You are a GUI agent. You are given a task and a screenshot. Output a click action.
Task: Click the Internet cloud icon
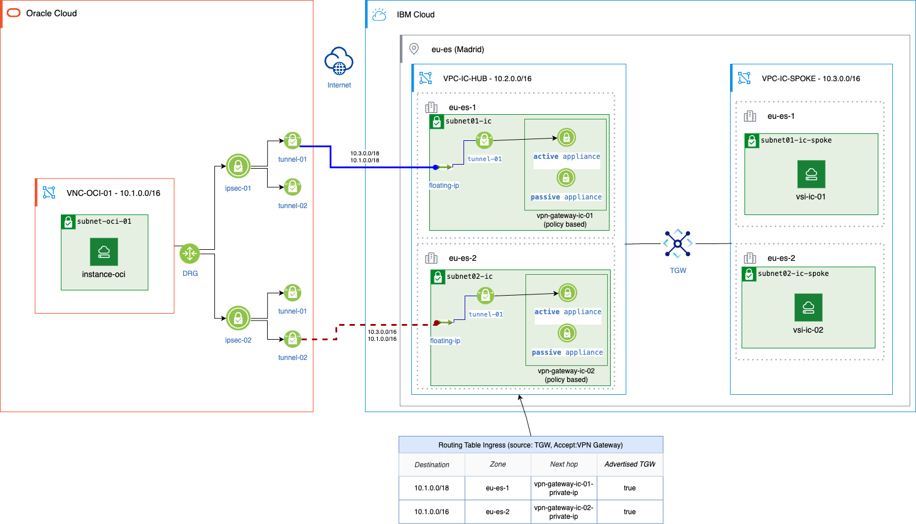(339, 61)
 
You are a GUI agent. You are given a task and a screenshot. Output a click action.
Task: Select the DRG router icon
(189, 253)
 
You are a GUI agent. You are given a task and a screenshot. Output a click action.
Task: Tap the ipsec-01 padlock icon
(238, 166)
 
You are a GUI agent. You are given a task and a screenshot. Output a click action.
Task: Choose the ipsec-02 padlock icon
(238, 318)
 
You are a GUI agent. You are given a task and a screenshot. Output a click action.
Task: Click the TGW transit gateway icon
(677, 243)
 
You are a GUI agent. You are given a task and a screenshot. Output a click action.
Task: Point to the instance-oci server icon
(104, 252)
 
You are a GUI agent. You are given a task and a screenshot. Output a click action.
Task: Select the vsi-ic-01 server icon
(811, 174)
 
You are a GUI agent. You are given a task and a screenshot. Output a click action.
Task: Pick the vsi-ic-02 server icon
(808, 307)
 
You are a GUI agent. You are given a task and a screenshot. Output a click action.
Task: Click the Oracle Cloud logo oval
(13, 13)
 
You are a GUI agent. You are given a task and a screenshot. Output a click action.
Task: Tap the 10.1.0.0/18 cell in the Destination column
(432, 488)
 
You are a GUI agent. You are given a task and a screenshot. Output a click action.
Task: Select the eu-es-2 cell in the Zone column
(498, 512)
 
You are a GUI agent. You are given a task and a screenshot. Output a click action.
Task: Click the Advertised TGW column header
(630, 464)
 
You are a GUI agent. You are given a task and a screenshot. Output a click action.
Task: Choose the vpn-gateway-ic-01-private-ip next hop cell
(564, 488)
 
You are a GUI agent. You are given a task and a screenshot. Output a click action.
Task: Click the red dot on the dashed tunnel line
(437, 323)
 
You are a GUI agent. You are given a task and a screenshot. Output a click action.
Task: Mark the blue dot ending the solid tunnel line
(436, 168)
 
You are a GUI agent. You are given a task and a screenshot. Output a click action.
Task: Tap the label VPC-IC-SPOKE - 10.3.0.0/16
(811, 78)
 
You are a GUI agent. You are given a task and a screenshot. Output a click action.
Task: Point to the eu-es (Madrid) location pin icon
(414, 49)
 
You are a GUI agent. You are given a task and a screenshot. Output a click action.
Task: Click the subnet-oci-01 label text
(104, 221)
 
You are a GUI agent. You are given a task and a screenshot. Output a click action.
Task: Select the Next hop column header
(564, 464)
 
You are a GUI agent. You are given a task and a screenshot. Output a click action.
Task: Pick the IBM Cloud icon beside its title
(379, 14)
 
